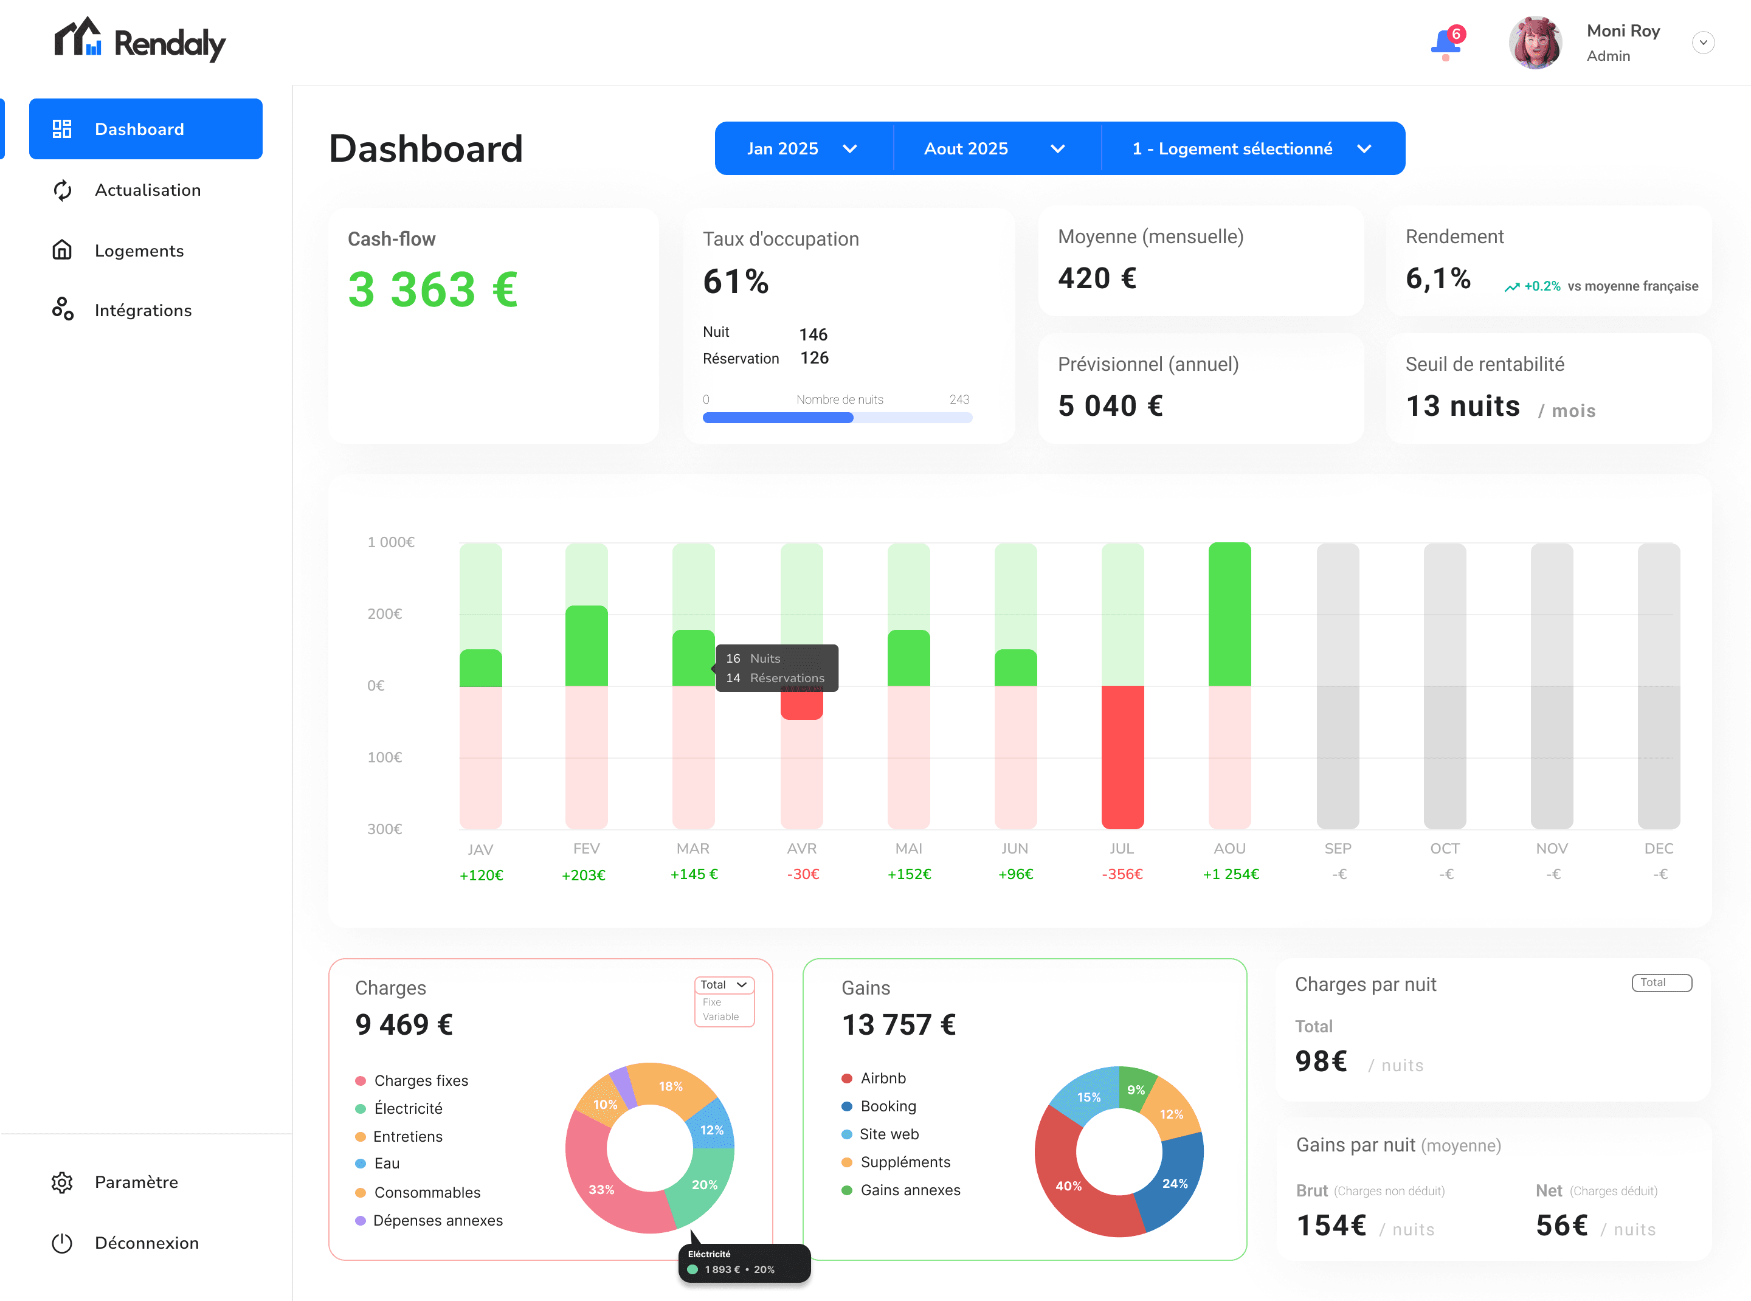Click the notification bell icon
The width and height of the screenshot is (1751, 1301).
(x=1445, y=43)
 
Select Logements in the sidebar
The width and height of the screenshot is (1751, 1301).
(x=139, y=250)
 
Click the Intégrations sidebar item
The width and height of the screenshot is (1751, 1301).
(x=142, y=310)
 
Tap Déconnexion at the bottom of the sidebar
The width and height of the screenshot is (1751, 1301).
(x=147, y=1243)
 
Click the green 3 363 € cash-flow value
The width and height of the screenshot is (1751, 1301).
(x=432, y=289)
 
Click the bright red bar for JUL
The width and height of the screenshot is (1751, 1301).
(x=1122, y=756)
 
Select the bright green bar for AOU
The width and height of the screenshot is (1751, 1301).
(x=1229, y=614)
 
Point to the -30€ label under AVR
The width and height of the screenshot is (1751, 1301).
(x=803, y=874)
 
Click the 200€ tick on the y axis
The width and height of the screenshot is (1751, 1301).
(x=384, y=613)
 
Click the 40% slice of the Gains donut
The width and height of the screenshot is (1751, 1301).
(x=1068, y=1185)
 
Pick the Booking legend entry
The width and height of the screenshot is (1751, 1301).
(x=888, y=1106)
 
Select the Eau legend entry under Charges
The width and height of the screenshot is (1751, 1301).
(x=386, y=1163)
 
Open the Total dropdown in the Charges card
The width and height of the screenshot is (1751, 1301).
(x=723, y=984)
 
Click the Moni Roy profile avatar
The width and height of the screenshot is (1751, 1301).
(x=1535, y=43)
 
